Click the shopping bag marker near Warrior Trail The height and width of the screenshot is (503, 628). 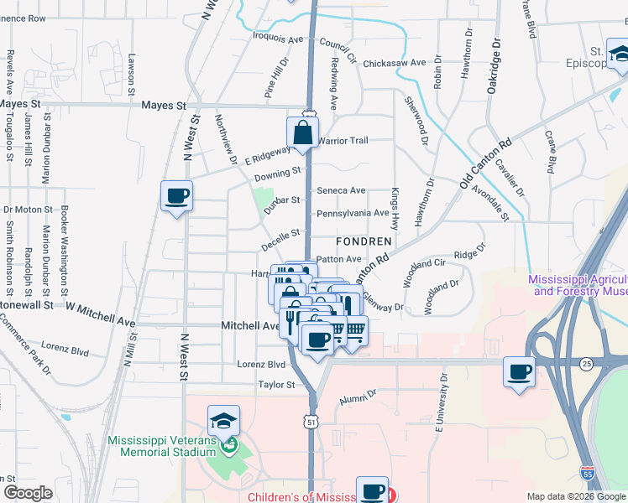[x=302, y=132]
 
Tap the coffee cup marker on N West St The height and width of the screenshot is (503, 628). [x=177, y=196]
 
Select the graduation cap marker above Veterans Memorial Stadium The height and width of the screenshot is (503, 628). [x=224, y=421]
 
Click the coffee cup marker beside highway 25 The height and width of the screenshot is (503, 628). [x=519, y=371]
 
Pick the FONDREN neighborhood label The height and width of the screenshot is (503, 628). [x=364, y=241]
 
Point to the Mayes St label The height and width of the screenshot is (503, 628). [x=164, y=106]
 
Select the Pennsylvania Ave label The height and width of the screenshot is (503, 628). [x=352, y=214]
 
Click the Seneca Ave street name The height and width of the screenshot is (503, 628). [x=341, y=190]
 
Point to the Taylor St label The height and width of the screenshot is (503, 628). [x=277, y=385]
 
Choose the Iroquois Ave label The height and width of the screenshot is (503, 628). [x=278, y=38]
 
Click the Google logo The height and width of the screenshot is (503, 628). [x=28, y=492]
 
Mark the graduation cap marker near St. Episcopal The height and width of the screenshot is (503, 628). [x=620, y=54]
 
